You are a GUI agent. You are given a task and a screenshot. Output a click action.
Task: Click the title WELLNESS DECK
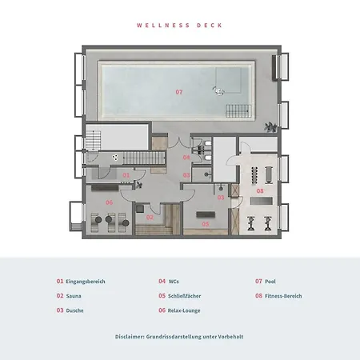(179, 25)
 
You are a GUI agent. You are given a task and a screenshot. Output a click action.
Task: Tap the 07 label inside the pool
(178, 93)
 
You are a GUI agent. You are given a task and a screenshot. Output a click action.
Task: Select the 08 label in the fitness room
(260, 190)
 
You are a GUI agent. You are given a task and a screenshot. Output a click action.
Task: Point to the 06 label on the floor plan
(110, 202)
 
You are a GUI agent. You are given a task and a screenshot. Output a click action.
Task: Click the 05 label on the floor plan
(205, 224)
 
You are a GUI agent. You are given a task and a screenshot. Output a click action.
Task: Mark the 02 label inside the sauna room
(150, 217)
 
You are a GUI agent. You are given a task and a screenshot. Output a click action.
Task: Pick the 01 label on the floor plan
(125, 174)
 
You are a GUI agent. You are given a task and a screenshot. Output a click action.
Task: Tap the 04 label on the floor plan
(186, 158)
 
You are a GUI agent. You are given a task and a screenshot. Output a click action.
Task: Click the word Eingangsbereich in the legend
(86, 282)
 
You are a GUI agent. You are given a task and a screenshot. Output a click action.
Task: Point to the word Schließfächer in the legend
(185, 296)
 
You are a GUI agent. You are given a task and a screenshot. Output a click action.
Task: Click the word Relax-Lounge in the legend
(184, 310)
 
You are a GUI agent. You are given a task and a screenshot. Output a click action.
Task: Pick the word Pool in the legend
(270, 282)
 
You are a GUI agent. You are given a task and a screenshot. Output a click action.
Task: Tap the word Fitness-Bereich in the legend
(284, 296)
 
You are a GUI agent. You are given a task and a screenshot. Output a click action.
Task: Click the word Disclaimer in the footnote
(132, 337)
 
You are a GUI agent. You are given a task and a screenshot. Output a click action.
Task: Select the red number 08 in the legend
(259, 296)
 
